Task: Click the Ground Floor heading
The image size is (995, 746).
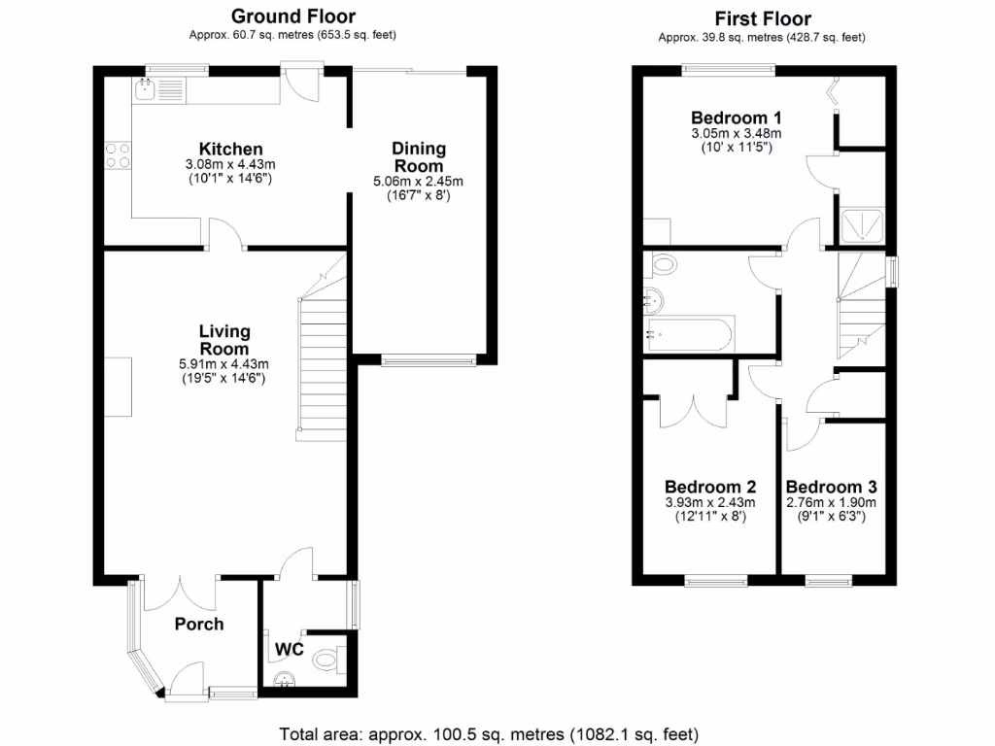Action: click(x=292, y=17)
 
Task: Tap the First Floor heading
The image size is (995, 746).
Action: click(x=762, y=18)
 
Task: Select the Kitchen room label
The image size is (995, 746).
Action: click(x=230, y=149)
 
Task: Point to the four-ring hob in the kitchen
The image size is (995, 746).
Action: click(x=119, y=155)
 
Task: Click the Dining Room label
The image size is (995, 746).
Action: click(x=419, y=156)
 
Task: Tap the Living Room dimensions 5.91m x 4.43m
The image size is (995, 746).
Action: click(x=224, y=364)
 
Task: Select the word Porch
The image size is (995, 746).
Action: click(x=199, y=624)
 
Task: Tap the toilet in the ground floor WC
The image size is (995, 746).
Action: click(x=326, y=660)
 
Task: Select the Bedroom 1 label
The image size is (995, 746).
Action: click(x=736, y=119)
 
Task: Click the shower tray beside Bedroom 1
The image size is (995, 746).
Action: click(x=861, y=224)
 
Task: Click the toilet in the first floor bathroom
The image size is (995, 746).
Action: click(x=663, y=263)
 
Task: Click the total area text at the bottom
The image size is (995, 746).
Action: click(x=489, y=733)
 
